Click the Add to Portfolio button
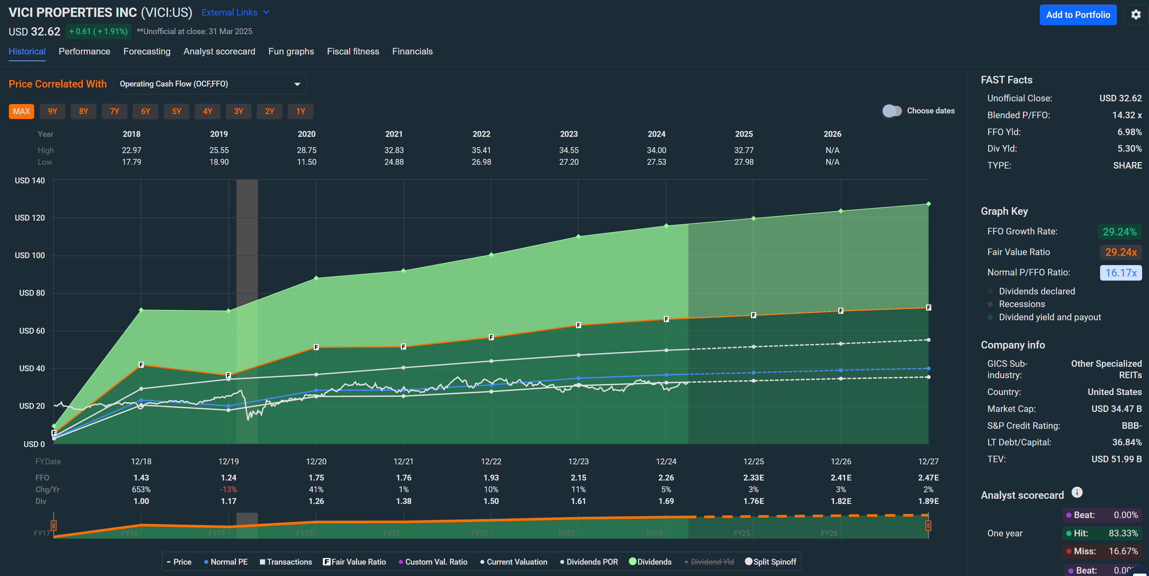[1078, 15]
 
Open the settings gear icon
[1136, 15]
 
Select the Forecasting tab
[147, 51]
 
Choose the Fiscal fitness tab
[353, 51]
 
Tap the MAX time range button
[21, 111]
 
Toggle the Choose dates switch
[892, 111]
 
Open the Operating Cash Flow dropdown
[209, 84]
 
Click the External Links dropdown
[235, 12]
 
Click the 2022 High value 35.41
[481, 150]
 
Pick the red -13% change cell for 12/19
[228, 489]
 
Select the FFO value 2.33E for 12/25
[753, 477]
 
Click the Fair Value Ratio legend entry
[355, 562]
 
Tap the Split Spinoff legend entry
[771, 562]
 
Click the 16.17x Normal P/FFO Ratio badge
[1120, 273]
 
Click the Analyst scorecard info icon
[1077, 492]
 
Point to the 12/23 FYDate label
[578, 461]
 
